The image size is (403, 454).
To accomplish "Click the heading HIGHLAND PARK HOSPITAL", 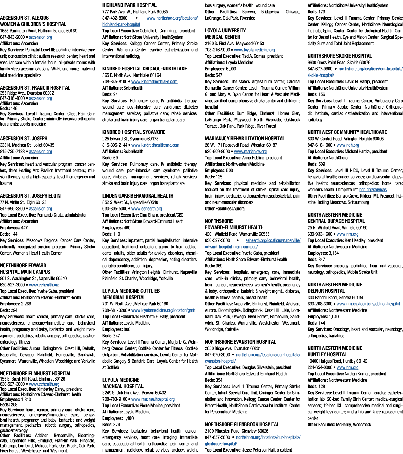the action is [x=129, y=5].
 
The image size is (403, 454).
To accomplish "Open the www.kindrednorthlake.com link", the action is [x=154, y=82].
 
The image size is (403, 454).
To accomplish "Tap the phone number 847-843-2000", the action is [x=12, y=37].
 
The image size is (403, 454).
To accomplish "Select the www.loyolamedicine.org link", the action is [x=254, y=50].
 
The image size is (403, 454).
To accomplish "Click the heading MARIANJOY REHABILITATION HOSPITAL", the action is [x=245, y=139].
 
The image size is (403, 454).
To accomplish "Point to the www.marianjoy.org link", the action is [x=250, y=152].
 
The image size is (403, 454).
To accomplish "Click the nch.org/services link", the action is [x=373, y=190].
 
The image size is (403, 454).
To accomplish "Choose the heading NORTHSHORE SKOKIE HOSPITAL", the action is [x=339, y=56].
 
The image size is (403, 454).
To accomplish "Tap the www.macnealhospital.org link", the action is [x=153, y=399].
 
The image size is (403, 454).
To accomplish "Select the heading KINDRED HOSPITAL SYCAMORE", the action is [x=134, y=132].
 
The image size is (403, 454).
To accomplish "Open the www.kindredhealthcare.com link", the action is [x=155, y=145].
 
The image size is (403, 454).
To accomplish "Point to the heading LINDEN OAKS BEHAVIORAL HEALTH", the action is [x=138, y=196].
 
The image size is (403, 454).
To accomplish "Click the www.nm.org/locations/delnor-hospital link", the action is [x=368, y=304].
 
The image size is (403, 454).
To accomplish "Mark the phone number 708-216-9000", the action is [x=217, y=50].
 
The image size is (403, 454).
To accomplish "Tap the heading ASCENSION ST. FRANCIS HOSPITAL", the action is [x=35, y=88].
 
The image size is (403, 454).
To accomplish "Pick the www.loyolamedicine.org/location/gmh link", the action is [x=164, y=310].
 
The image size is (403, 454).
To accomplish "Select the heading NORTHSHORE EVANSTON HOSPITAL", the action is [x=240, y=342].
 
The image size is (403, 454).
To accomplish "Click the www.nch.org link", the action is [x=348, y=145].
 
